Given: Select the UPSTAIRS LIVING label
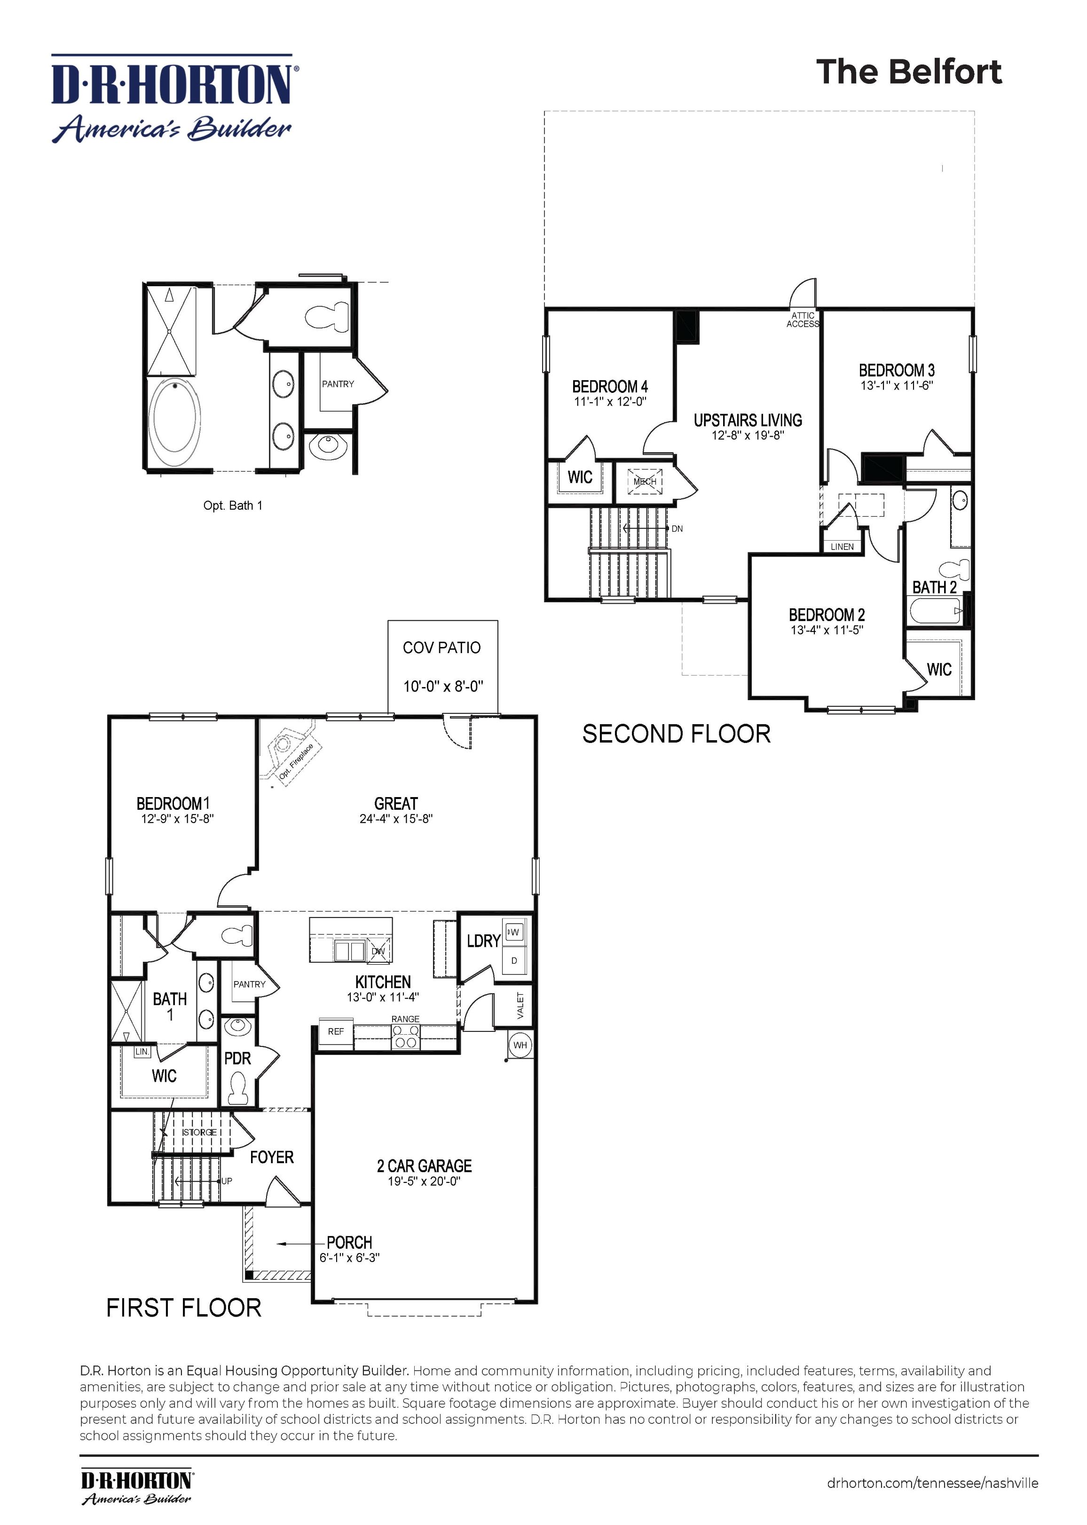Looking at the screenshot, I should tap(748, 421).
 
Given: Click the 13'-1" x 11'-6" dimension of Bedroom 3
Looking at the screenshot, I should tap(896, 386).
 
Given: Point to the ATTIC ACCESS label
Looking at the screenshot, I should tap(803, 319).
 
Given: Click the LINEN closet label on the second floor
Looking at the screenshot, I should tap(842, 546).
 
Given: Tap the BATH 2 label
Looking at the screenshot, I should tap(934, 587).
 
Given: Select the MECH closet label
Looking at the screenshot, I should tap(645, 481).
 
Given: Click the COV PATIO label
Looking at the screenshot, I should tap(442, 647).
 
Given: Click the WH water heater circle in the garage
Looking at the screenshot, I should tap(520, 1045).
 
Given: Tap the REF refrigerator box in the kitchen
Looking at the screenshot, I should tap(336, 1031).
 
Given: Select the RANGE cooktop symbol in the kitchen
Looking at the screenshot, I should tap(406, 1041).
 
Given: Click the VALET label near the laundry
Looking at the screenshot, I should tap(521, 1005).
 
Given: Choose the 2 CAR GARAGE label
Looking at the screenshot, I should tap(425, 1166).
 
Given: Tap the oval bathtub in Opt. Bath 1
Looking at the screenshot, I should tap(174, 416).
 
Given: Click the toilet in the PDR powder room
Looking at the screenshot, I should tap(236, 1088).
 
